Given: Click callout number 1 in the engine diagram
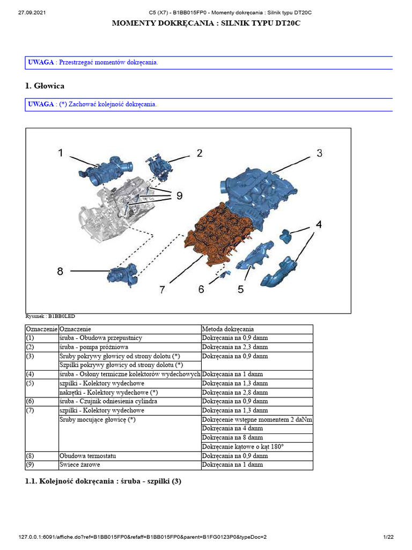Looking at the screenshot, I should tap(61, 153).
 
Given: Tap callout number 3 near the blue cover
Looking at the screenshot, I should tap(319, 153).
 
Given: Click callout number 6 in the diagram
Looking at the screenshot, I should tap(201, 290).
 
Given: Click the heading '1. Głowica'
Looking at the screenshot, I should tap(45, 85).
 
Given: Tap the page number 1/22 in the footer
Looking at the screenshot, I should tap(389, 537).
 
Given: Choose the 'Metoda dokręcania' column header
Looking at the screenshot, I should tap(228, 329).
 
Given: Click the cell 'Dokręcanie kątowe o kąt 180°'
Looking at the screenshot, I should tap(242, 447).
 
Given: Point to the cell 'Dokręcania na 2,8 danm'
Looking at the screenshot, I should tap(235, 392).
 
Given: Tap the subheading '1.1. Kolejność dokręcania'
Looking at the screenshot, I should tap(104, 481).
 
